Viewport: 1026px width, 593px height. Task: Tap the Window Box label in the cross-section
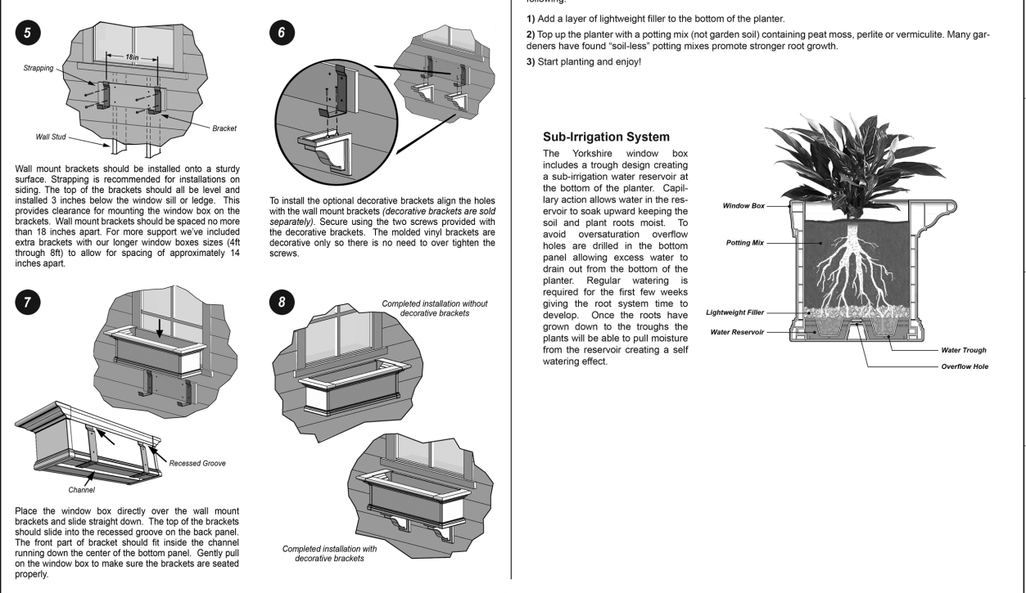[742, 206]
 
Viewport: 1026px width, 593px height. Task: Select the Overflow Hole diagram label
[964, 366]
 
